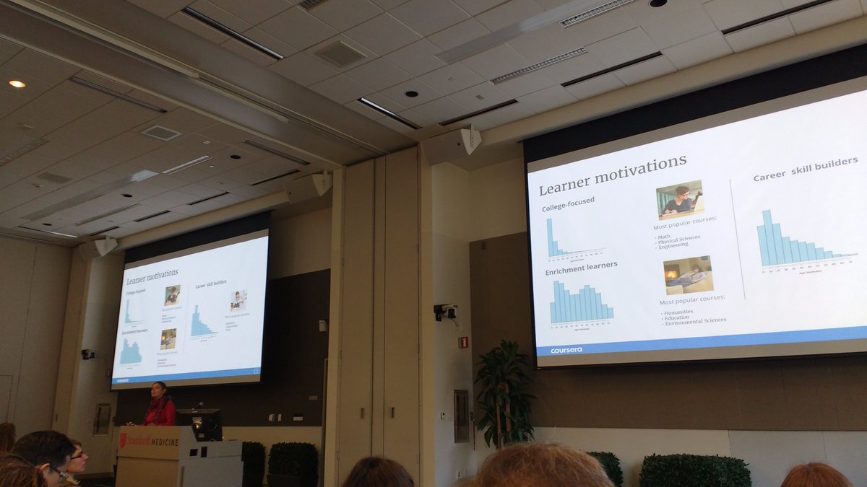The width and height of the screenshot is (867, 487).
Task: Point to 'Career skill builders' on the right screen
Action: click(x=805, y=170)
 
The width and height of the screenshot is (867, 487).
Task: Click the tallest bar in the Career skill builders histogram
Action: click(x=767, y=237)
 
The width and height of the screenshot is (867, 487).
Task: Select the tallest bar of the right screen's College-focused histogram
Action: click(x=549, y=237)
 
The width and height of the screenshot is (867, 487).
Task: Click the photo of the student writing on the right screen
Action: click(x=679, y=199)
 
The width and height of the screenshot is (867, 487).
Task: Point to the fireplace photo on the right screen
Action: click(x=688, y=274)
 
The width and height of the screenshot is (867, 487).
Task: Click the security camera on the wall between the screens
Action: click(x=446, y=312)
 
